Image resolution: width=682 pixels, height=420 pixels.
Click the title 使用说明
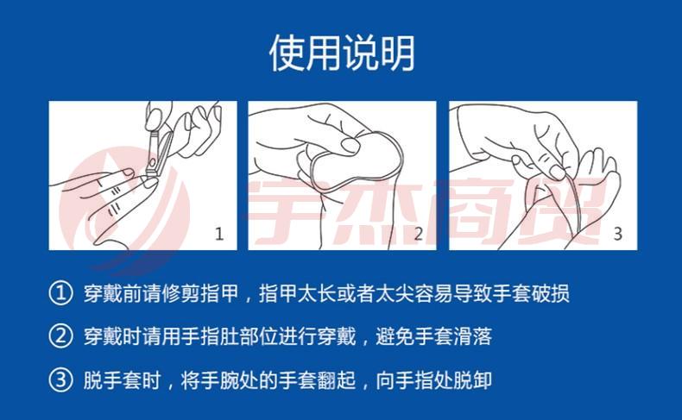(342, 53)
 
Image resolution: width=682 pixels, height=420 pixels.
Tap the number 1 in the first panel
(219, 234)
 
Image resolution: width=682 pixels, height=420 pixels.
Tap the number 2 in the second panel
(419, 234)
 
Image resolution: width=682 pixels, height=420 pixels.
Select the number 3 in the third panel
(617, 234)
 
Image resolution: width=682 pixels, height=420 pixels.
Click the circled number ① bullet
(60, 293)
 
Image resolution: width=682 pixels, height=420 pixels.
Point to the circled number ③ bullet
(60, 379)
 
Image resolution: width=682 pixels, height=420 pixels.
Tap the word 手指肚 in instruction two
(209, 336)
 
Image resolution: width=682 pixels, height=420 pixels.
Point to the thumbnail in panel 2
(350, 145)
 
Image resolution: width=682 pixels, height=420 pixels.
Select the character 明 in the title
(397, 53)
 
